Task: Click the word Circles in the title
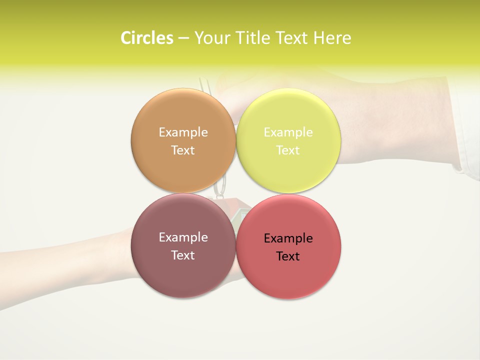tap(147, 38)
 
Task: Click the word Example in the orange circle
tap(183, 132)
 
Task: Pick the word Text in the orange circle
tap(183, 150)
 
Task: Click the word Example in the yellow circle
tap(288, 132)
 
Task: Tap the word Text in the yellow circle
tap(288, 150)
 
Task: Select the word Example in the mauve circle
tap(183, 237)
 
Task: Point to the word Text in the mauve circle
tap(183, 255)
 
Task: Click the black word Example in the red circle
tap(288, 238)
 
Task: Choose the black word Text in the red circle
tap(288, 256)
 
